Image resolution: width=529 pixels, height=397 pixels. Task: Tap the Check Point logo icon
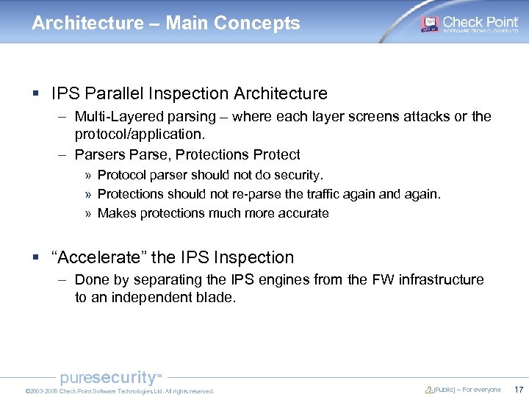tap(429, 24)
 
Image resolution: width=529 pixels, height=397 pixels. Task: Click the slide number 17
tap(519, 390)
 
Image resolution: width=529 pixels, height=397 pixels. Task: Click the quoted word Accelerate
tap(99, 257)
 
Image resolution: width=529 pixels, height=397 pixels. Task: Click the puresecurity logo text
tap(109, 378)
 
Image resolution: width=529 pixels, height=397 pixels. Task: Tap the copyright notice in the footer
tap(119, 391)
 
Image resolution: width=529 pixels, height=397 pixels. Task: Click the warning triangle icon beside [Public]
tap(429, 390)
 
